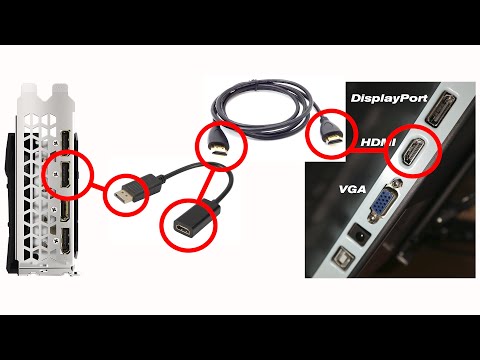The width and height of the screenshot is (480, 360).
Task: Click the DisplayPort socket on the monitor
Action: tap(437, 111)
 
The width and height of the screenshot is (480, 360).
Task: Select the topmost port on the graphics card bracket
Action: tap(62, 142)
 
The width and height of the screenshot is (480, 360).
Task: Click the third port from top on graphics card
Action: tap(62, 212)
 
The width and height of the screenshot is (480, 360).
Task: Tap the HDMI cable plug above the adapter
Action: tap(217, 145)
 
